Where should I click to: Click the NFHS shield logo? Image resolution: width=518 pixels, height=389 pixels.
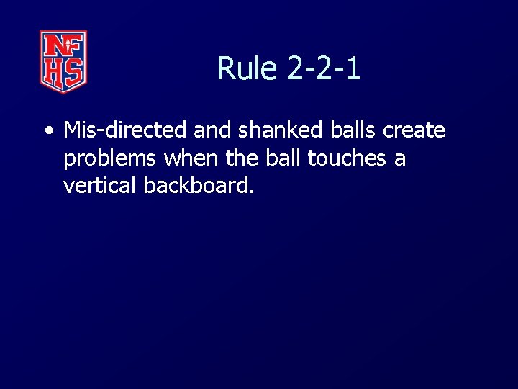(x=63, y=61)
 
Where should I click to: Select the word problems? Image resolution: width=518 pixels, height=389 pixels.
(x=108, y=158)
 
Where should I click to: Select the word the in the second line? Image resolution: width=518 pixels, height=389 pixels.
(x=242, y=157)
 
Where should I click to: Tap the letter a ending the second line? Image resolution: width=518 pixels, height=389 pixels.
(x=400, y=158)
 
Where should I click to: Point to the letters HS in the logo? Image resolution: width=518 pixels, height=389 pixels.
(x=63, y=72)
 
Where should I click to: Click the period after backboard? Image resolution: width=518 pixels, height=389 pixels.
(x=251, y=192)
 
